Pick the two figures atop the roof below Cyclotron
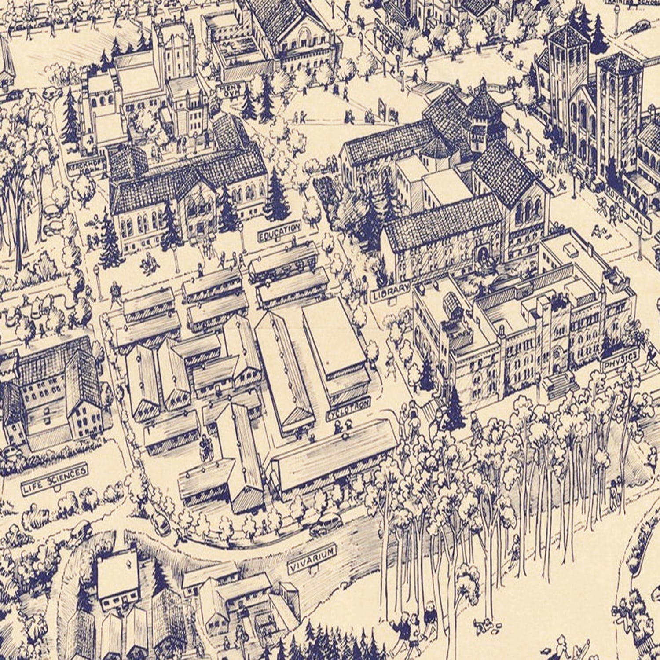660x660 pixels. (x=343, y=425)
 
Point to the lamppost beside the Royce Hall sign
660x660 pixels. (x=639, y=238)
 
